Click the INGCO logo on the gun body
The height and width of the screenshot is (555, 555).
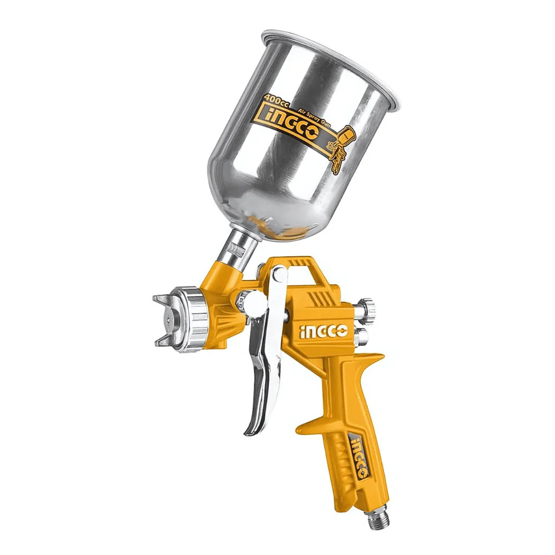point(324,332)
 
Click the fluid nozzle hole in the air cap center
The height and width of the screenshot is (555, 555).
point(165,321)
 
